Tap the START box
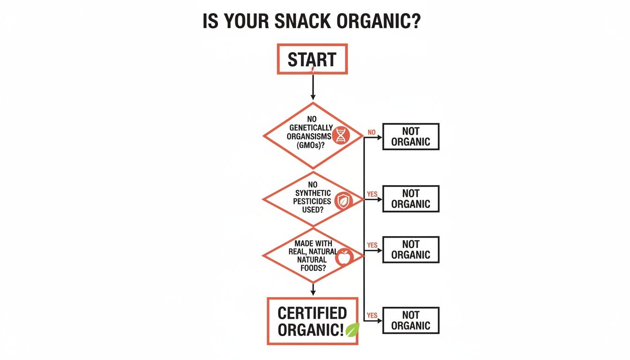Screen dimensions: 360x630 coord(312,59)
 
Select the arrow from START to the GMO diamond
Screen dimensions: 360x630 coord(313,87)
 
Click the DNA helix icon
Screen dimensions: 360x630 coord(340,136)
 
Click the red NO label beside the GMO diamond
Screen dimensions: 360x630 coord(372,132)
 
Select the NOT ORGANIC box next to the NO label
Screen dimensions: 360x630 coord(411,136)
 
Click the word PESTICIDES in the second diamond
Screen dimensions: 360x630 coord(312,201)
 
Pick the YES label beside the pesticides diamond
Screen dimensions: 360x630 coord(372,194)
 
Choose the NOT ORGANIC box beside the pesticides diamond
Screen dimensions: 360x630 coord(411,198)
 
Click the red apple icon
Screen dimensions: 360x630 coord(344,257)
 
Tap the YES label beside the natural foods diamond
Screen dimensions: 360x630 coord(372,245)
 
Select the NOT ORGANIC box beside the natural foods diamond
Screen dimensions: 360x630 coord(411,249)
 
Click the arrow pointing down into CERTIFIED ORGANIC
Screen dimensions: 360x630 coord(313,289)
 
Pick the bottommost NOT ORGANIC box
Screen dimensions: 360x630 coord(411,320)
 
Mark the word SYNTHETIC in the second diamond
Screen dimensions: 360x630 coord(313,193)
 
